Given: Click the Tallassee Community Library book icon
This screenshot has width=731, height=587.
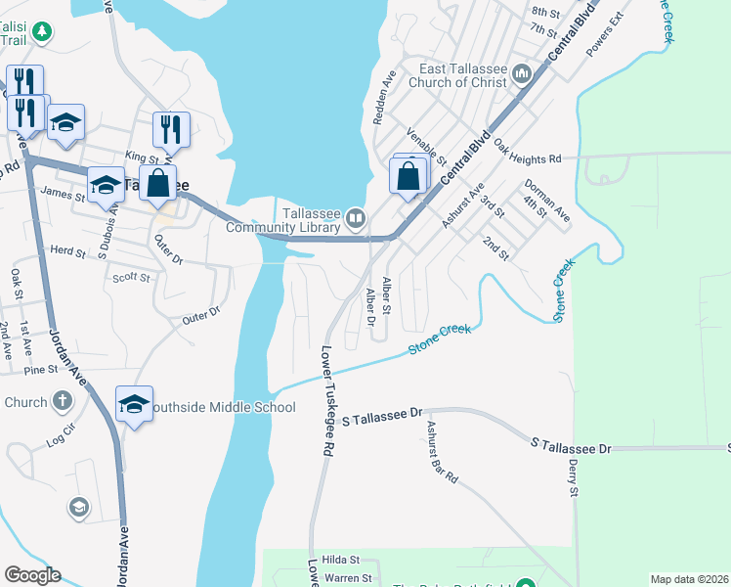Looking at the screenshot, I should [x=358, y=218].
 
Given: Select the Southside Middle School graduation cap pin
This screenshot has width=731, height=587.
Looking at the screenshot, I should [x=134, y=404].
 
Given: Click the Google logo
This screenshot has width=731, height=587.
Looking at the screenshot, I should [x=32, y=575].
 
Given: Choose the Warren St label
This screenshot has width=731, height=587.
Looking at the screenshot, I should [x=350, y=578].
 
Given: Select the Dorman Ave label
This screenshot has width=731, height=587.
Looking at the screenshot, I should [x=547, y=199].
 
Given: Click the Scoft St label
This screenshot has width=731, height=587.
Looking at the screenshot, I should [x=130, y=278].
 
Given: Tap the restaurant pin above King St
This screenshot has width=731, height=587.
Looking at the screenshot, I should [x=171, y=130].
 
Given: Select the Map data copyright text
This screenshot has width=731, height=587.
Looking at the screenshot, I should [x=688, y=579].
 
